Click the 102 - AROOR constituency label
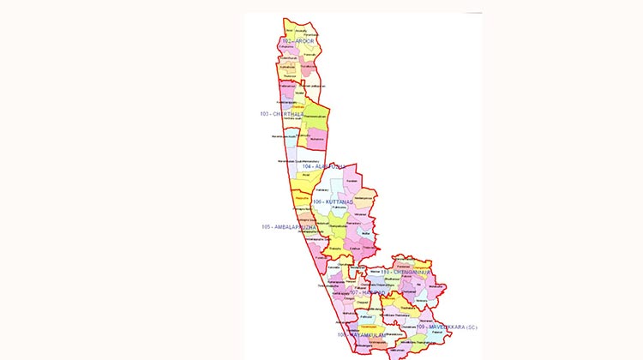292,41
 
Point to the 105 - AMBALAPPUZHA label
290,227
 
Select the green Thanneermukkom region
314,117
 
